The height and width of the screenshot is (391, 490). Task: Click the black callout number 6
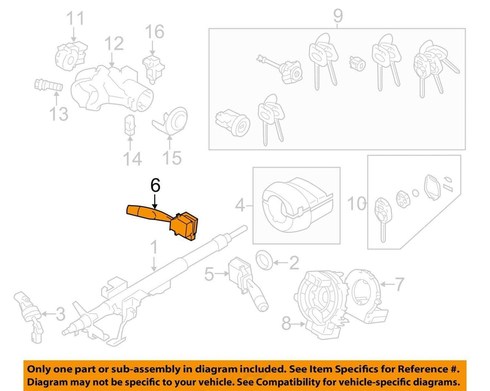(x=155, y=185)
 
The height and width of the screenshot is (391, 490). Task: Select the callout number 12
(x=114, y=44)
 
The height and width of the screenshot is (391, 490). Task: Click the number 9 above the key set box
(x=338, y=16)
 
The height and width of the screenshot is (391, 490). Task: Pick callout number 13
(x=59, y=114)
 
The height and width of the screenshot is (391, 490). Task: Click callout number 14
(x=132, y=158)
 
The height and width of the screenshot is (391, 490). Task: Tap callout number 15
(x=172, y=158)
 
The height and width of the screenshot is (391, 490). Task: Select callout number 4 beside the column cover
(x=240, y=206)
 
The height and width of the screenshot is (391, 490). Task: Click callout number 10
(x=356, y=204)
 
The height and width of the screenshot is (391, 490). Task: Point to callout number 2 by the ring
(x=294, y=263)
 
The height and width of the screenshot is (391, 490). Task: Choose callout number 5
(x=209, y=274)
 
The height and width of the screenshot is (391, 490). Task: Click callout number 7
(x=399, y=284)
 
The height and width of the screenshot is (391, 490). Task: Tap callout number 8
(x=286, y=323)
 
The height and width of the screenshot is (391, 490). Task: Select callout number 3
(x=60, y=313)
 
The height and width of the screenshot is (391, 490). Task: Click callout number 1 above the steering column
(x=154, y=247)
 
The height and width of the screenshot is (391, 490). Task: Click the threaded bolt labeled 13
(x=49, y=85)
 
